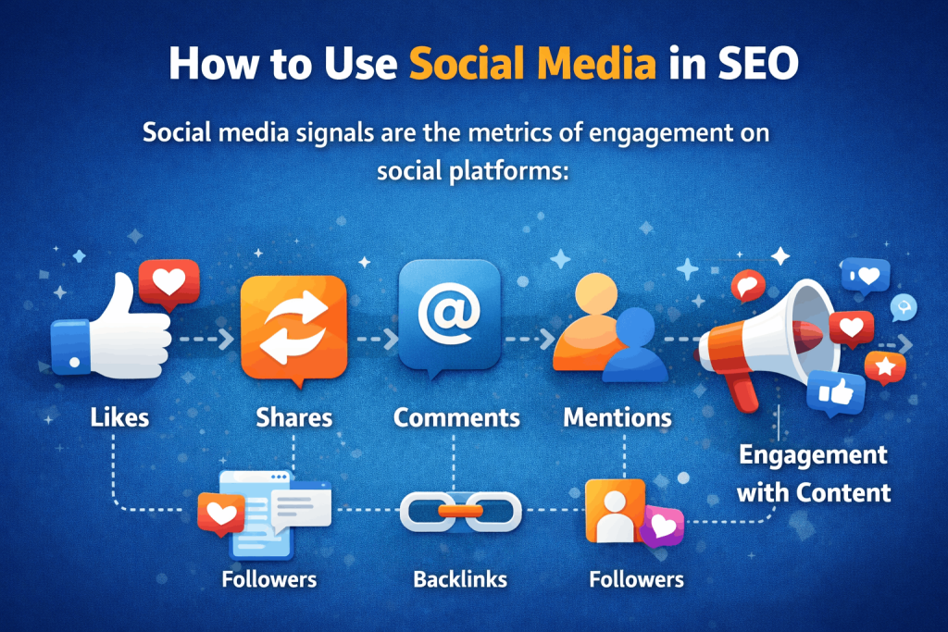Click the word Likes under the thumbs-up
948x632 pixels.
coord(120,417)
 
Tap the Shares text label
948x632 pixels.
coord(293,417)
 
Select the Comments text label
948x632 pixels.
coord(456,417)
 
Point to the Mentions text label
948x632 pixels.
coord(617,417)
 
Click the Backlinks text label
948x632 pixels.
coord(460,580)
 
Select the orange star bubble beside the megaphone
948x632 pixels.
coord(884,366)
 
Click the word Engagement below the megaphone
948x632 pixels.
coord(812,455)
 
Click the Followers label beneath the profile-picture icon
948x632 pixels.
coord(636,580)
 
